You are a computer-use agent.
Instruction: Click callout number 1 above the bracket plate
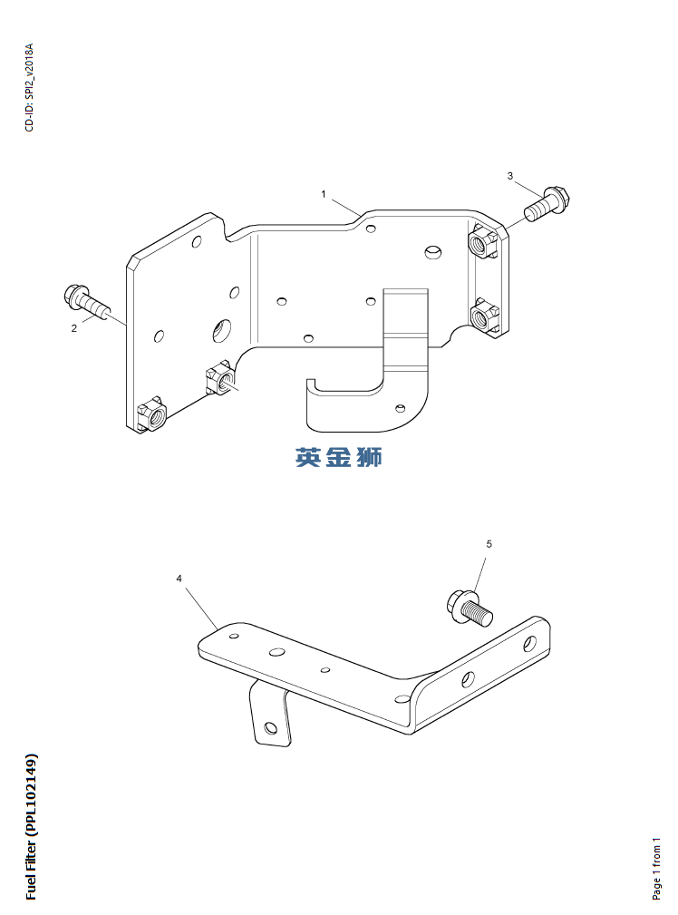(323, 194)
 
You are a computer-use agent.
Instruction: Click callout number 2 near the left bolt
(74, 329)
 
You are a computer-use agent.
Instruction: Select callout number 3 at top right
(509, 175)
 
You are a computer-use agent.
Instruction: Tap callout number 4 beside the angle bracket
(179, 578)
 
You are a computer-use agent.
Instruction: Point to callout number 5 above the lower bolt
(489, 544)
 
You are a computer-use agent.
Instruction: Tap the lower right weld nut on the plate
(483, 317)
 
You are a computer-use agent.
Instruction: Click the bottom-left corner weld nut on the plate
(151, 415)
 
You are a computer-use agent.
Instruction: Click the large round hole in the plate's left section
(221, 330)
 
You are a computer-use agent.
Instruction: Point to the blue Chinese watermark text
(338, 457)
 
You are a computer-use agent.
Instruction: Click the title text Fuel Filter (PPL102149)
(32, 825)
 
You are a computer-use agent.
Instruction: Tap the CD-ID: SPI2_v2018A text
(29, 87)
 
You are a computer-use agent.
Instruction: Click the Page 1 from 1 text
(657, 868)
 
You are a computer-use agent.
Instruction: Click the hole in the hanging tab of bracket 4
(269, 727)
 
